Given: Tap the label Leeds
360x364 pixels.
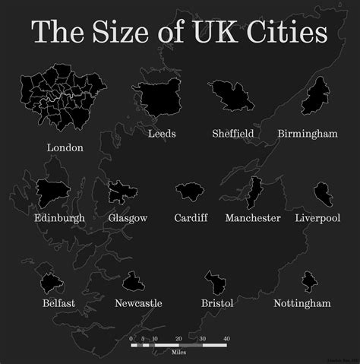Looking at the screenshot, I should tap(162, 134).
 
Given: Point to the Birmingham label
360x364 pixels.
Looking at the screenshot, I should tap(307, 134).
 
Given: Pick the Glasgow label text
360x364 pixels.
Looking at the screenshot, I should tap(128, 218).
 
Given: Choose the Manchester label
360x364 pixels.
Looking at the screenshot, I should tap(253, 218).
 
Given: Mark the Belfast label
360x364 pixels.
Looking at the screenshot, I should tap(58, 303).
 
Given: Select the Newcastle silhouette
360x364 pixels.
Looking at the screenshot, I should tap(134, 282).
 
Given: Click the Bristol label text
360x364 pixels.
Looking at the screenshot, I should tap(217, 303).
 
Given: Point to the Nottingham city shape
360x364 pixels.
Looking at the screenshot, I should tap(308, 282).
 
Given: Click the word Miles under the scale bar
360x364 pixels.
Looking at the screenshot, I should tap(177, 352).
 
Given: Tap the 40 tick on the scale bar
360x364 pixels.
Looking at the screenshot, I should tap(226, 338).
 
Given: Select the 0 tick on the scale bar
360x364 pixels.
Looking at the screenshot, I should tap(131, 338).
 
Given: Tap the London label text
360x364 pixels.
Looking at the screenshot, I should tap(65, 147).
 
